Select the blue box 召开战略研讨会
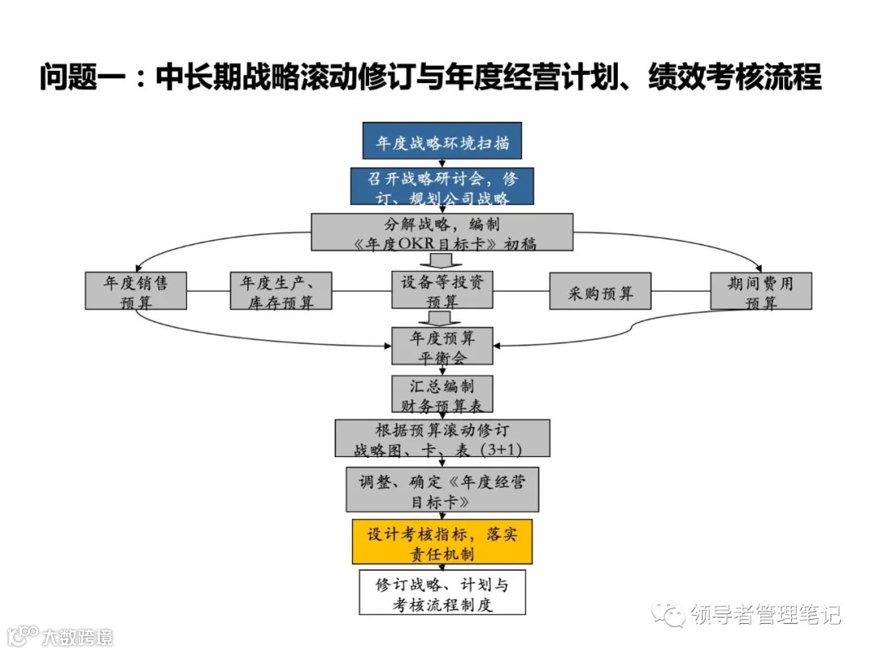coord(441,187)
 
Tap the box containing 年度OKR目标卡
coord(442,232)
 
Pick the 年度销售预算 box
coord(135,291)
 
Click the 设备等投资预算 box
coord(442,290)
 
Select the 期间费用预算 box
coord(760,291)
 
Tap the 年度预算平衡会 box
coord(441,347)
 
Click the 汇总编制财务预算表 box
coord(442,395)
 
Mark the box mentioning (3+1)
coord(442,439)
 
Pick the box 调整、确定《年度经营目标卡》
coord(442,489)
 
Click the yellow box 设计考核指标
coord(442,542)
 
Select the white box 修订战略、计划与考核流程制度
coord(442,593)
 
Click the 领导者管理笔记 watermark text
coord(765,615)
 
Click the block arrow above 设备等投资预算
coord(442,260)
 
